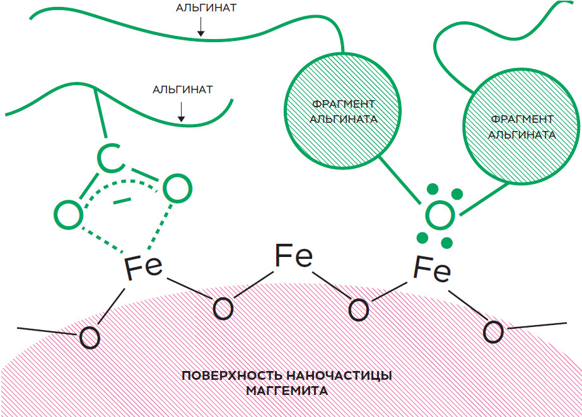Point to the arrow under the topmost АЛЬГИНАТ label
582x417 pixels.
pos(199,26)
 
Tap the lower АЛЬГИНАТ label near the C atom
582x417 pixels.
pos(182,89)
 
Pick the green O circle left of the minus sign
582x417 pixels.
pos(69,214)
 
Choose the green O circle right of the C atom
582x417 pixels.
pos(177,188)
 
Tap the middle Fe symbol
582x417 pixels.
pos(294,256)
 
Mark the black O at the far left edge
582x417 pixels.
pos(90,339)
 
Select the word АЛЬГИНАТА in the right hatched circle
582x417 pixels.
pos(522,134)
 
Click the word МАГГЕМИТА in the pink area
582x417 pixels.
pos(287,391)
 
